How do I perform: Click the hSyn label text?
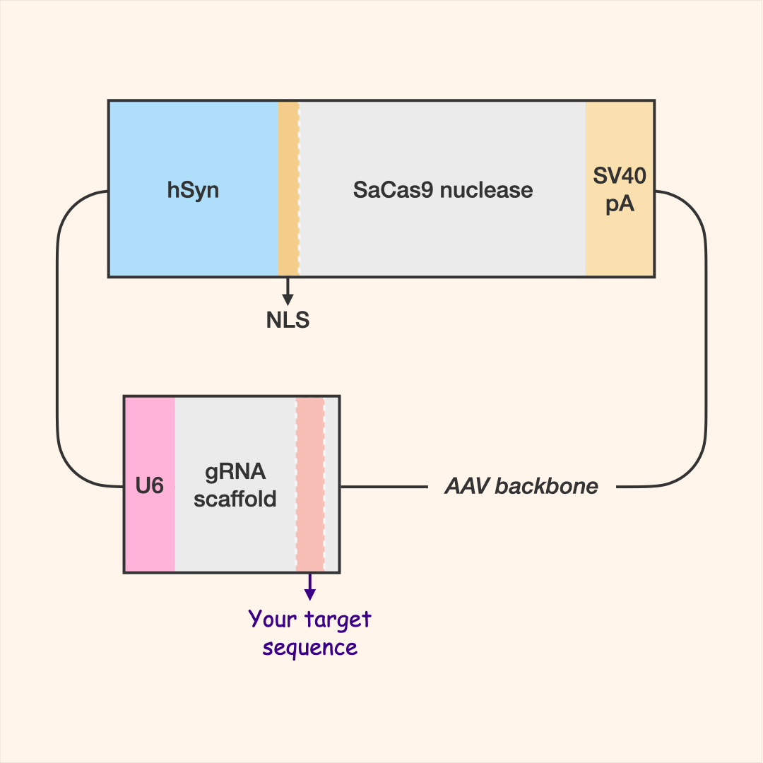tap(193, 191)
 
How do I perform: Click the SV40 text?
tap(620, 176)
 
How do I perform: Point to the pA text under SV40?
tap(620, 205)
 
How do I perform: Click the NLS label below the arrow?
tap(288, 321)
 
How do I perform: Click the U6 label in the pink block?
tap(150, 486)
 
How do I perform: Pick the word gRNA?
tap(235, 472)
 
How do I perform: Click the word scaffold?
tap(235, 499)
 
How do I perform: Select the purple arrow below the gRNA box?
tap(309, 586)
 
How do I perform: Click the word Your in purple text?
tap(272, 620)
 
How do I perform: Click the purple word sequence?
tap(309, 648)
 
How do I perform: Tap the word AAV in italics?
tap(467, 486)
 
